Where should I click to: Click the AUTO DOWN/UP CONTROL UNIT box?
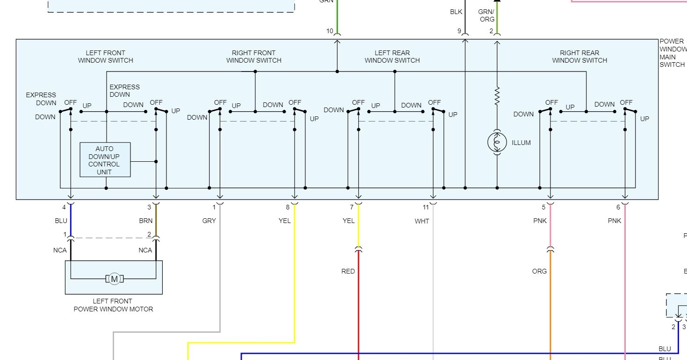point(105,160)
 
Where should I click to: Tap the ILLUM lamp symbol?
point(497,142)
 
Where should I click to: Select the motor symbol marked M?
point(114,279)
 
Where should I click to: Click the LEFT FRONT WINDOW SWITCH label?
point(105,57)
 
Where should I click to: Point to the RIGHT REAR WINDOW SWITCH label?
point(579,57)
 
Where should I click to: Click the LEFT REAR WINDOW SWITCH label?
point(392,57)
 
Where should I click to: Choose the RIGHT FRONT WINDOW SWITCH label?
point(253,57)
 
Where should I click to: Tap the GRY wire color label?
point(209,221)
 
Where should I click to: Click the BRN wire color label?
point(145,221)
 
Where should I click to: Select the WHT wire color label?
point(421,221)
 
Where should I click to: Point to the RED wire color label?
point(348,271)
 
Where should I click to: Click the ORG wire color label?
point(539,271)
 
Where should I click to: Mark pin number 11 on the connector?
point(426,207)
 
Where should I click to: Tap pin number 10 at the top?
point(330,31)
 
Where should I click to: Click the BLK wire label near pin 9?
point(456,12)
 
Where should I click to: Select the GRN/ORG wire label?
point(486,15)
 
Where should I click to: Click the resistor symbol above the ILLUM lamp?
point(497,95)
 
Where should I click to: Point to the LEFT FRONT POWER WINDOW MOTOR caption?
point(113,305)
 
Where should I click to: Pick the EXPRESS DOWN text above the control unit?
point(124,91)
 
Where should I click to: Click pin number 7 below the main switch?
point(351,207)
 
